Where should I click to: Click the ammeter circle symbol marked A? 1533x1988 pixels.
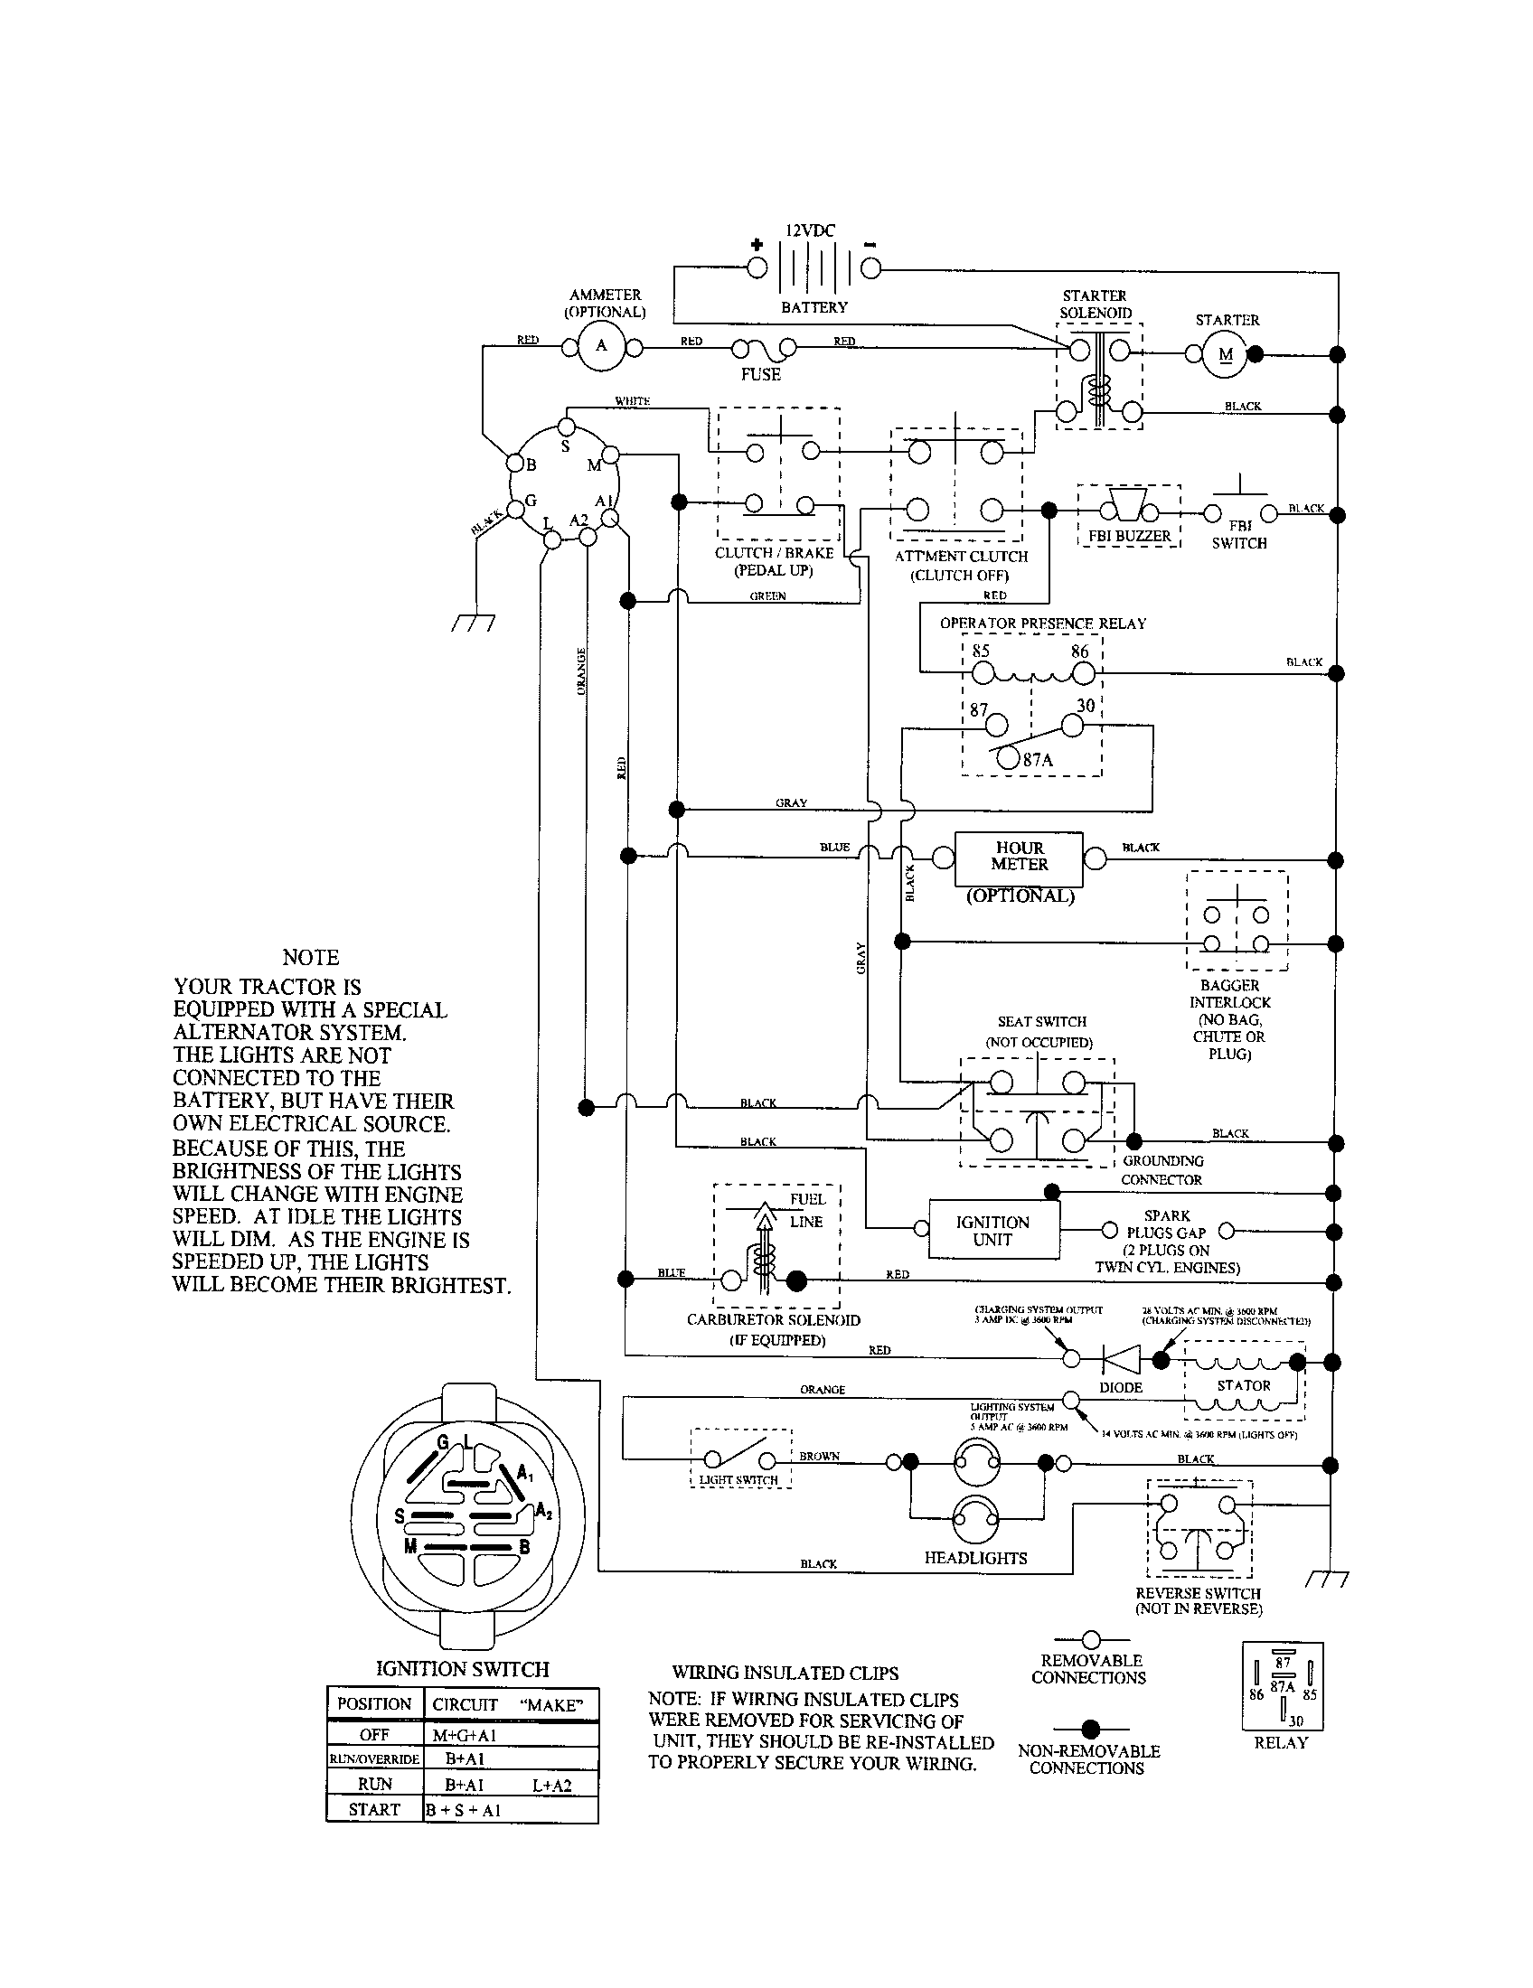click(x=601, y=347)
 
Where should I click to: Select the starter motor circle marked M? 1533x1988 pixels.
click(x=1226, y=354)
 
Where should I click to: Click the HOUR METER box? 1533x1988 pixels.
click(x=1019, y=858)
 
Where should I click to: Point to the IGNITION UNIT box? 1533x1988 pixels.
click(x=993, y=1231)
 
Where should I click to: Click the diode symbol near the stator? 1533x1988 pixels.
click(x=1121, y=1359)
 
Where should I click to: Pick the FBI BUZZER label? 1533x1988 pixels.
click(x=1129, y=536)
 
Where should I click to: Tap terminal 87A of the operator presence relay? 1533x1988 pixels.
click(x=1007, y=757)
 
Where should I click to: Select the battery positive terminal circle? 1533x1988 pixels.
click(x=757, y=267)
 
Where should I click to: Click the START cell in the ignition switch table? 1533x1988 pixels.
click(x=374, y=1810)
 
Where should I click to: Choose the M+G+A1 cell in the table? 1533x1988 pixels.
click(x=465, y=1735)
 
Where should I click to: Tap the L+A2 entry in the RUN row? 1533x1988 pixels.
click(x=551, y=1785)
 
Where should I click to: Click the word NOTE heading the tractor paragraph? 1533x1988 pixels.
click(x=310, y=957)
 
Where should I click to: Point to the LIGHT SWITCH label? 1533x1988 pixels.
click(x=738, y=1480)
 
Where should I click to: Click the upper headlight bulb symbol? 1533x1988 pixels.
click(x=976, y=1463)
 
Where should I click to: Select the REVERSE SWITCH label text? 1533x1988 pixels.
click(x=1198, y=1594)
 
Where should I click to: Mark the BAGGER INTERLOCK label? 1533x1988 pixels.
click(x=1230, y=994)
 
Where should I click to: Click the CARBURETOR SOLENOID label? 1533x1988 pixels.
click(x=773, y=1320)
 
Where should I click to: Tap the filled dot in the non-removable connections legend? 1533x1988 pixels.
click(x=1091, y=1729)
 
